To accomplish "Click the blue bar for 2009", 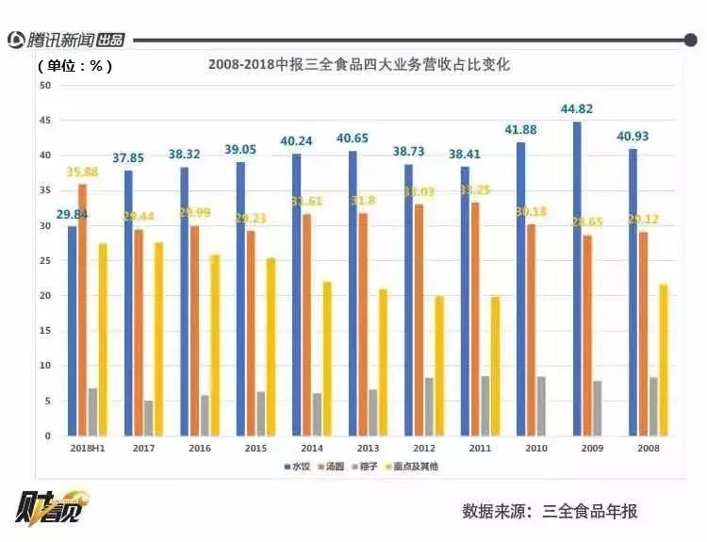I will tap(577, 279).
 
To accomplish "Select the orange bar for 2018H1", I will tap(82, 310).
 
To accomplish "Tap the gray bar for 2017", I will tap(148, 418).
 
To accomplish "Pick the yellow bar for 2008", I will tap(663, 359).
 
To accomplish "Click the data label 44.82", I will tap(577, 109).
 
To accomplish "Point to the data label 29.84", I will tap(72, 214).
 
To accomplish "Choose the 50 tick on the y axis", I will tap(44, 85).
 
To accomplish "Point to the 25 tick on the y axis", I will tap(44, 261).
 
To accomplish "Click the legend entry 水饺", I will tap(299, 467).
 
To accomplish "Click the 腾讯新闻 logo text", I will tap(62, 40).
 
